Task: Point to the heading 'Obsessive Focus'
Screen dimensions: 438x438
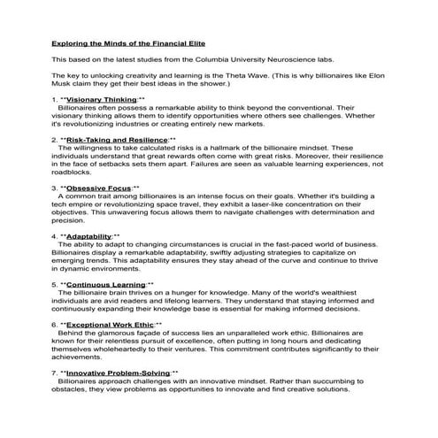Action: [96, 188]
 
